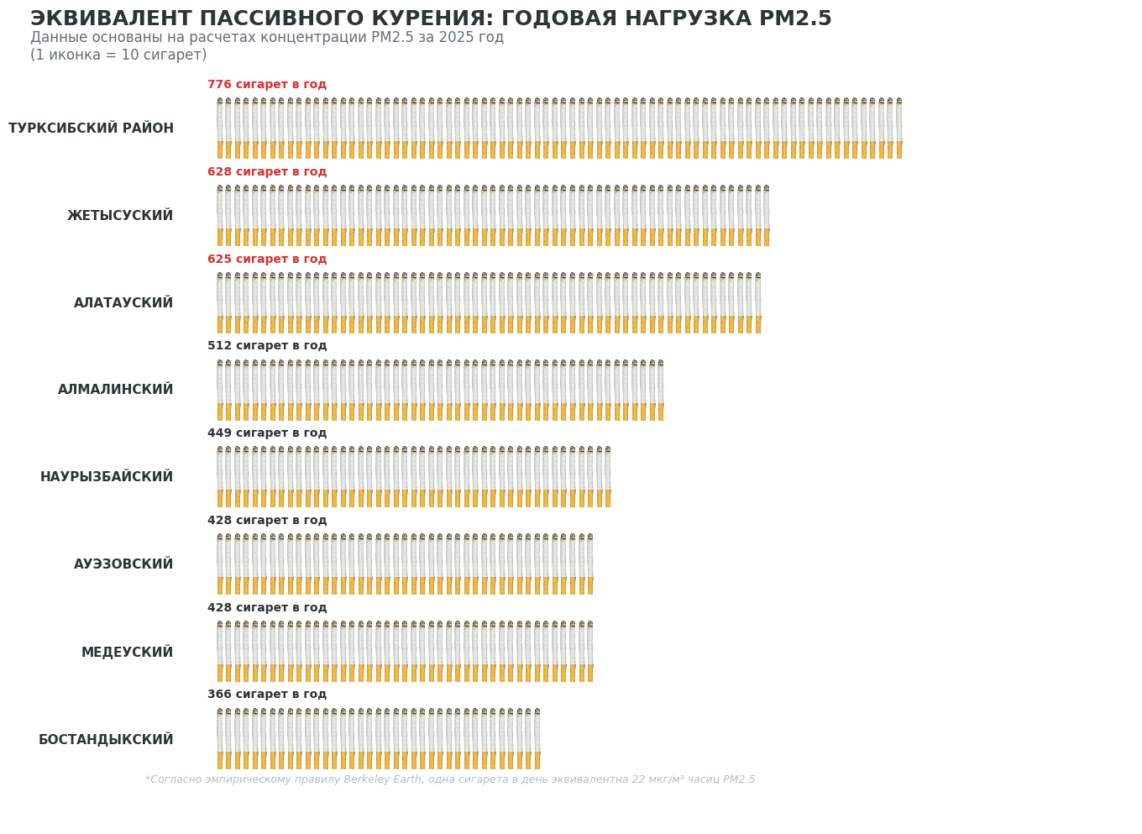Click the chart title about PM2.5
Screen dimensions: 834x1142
pyautogui.click(x=431, y=18)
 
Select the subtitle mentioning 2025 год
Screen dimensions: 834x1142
pyautogui.click(x=267, y=38)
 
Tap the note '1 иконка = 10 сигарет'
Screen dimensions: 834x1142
pyautogui.click(x=118, y=55)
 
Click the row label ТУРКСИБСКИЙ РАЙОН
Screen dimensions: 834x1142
pyautogui.click(x=91, y=129)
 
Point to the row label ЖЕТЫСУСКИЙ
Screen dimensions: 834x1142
pyautogui.click(x=120, y=216)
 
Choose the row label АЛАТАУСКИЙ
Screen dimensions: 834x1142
pyautogui.click(x=123, y=303)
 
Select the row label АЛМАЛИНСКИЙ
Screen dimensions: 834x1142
pyautogui.click(x=116, y=390)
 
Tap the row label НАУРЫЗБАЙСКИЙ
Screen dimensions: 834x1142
pyautogui.click(x=107, y=477)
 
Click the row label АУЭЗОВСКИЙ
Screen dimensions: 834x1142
pyautogui.click(x=123, y=564)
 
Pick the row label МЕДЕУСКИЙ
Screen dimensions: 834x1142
pyautogui.click(x=127, y=653)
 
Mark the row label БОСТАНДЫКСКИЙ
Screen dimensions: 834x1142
pyautogui.click(x=106, y=740)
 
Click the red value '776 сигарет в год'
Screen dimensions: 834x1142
pyautogui.click(x=267, y=85)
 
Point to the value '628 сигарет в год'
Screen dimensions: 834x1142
pyautogui.click(x=267, y=172)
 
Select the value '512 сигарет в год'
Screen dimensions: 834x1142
pyautogui.click(x=267, y=346)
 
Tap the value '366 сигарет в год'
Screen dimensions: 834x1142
pyautogui.click(x=267, y=695)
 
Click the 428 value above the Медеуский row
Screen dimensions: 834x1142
pyautogui.click(x=267, y=608)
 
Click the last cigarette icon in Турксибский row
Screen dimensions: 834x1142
pyautogui.click(x=899, y=129)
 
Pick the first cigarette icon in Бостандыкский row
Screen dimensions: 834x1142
pyautogui.click(x=220, y=739)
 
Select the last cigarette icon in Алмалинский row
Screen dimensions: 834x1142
pyautogui.click(x=661, y=391)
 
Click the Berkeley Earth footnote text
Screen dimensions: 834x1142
pyautogui.click(x=450, y=779)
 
